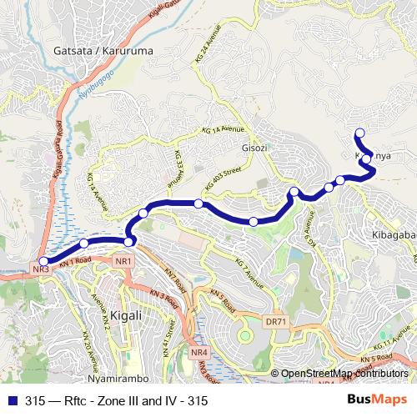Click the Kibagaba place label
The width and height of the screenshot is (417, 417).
point(391,235)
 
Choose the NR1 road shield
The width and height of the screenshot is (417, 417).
point(123,263)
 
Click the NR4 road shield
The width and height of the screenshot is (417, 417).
point(198,354)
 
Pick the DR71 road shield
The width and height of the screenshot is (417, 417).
point(276,320)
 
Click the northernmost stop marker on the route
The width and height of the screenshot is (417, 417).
point(360,133)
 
